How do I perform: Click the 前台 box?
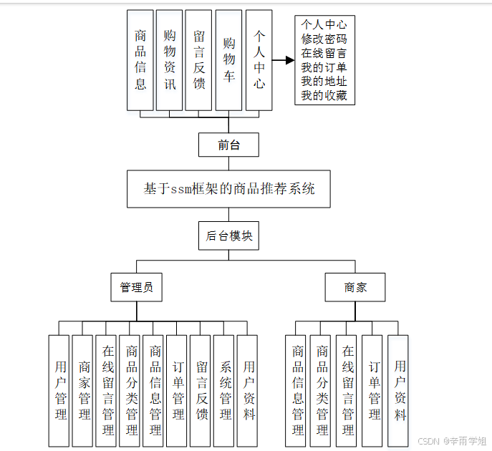pyautogui.click(x=228, y=145)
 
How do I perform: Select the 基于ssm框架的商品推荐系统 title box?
pyautogui.click(x=228, y=190)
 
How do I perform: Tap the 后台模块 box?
pyautogui.click(x=228, y=236)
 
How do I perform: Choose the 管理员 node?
pyautogui.click(x=136, y=287)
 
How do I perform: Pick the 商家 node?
pyautogui.click(x=355, y=287)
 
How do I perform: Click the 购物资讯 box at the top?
pyautogui.click(x=170, y=60)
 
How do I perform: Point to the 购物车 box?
pyautogui.click(x=228, y=60)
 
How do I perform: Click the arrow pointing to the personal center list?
pyautogui.click(x=284, y=60)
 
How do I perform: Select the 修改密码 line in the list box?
pyautogui.click(x=324, y=39)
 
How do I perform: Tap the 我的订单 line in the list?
pyautogui.click(x=324, y=67)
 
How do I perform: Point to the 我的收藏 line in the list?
pyautogui.click(x=324, y=95)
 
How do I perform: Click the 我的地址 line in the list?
pyautogui.click(x=324, y=82)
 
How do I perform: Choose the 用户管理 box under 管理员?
pyautogui.click(x=60, y=390)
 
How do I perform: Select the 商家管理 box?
pyautogui.click(x=84, y=390)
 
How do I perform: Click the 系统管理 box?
pyautogui.click(x=225, y=390)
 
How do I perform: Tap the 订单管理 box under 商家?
pyautogui.click(x=374, y=390)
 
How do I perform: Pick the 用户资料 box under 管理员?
pyautogui.click(x=249, y=390)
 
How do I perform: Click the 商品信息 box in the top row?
pyautogui.click(x=140, y=60)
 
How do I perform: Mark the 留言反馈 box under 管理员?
pyautogui.click(x=201, y=390)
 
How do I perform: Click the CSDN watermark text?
pyautogui.click(x=452, y=441)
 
